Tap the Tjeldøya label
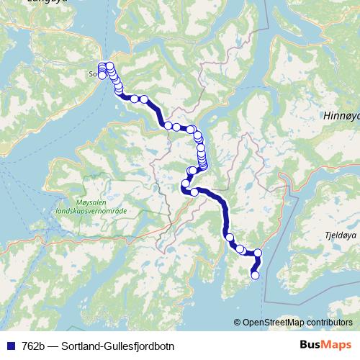pos(341,233)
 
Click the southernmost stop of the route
pos(254,274)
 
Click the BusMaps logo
pos(326,346)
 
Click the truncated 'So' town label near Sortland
pos(92,73)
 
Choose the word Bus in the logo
pos(310,346)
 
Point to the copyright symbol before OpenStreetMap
pos(237,322)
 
